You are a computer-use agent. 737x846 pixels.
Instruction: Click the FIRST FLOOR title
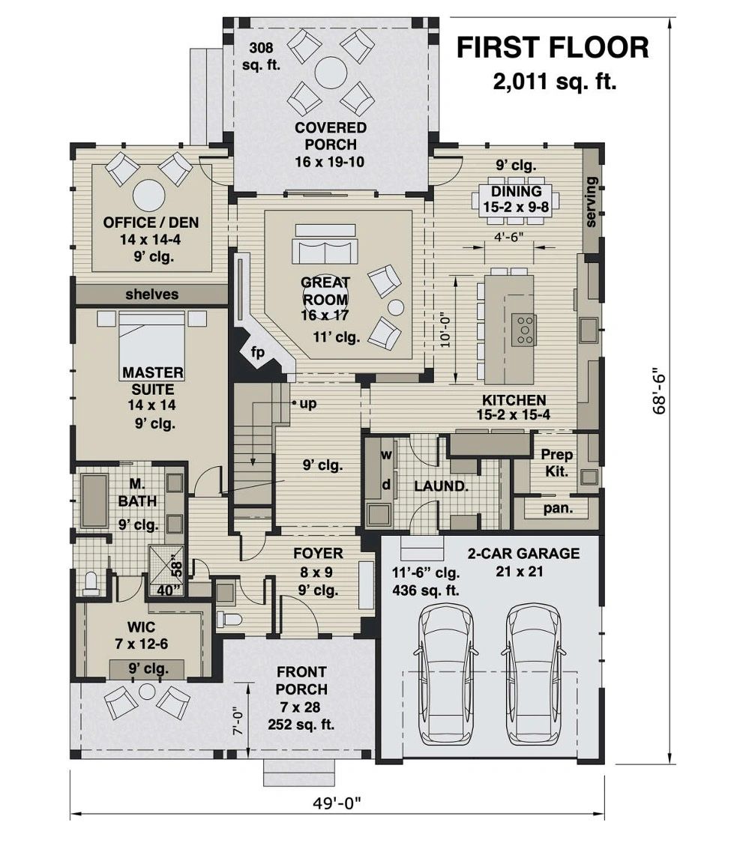pos(553,47)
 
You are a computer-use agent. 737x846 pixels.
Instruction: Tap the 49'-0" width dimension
pos(337,803)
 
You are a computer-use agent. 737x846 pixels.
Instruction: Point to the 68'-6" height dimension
pos(659,391)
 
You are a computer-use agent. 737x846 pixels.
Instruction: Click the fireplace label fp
pos(258,352)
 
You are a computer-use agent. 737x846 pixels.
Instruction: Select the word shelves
pos(151,294)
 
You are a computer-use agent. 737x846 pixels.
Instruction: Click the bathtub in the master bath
pos(94,500)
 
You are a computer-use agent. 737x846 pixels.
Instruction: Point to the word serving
pos(591,202)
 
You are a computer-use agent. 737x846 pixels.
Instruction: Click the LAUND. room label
pos(441,486)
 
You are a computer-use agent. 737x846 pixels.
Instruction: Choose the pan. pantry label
pos(558,508)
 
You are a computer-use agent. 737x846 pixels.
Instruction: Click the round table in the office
pos(149,196)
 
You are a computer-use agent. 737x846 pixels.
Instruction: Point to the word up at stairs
pos(307,404)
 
